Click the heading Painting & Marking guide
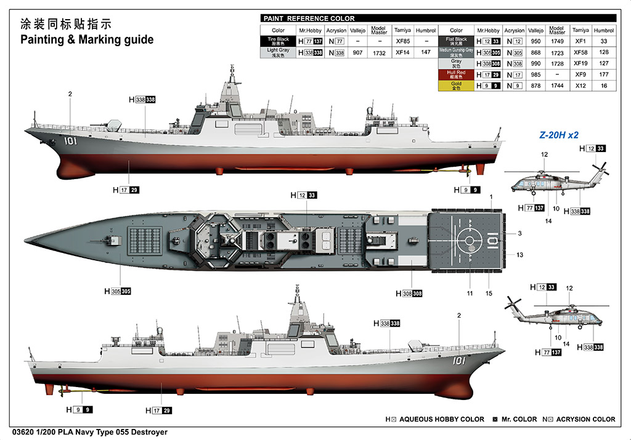click(x=87, y=40)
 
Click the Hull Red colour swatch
click(x=456, y=74)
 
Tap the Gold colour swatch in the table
click(x=456, y=86)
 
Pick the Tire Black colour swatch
click(x=278, y=41)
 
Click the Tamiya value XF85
click(x=402, y=41)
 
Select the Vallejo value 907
click(x=357, y=53)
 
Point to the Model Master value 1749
click(x=557, y=41)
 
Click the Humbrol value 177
click(x=604, y=74)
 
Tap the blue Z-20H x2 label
click(x=559, y=134)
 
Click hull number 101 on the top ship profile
click(x=70, y=141)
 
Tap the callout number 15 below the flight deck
click(x=489, y=294)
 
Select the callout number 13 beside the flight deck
click(x=519, y=255)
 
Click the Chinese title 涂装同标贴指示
click(x=65, y=25)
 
